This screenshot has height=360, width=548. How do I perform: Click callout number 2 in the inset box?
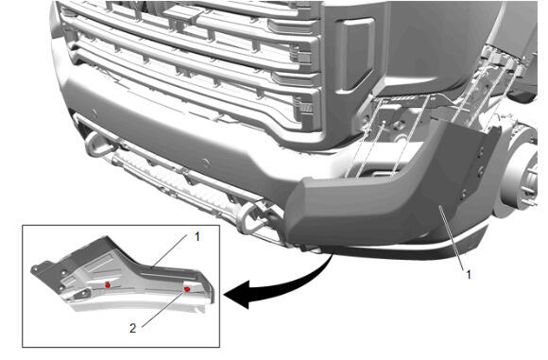tap(132, 328)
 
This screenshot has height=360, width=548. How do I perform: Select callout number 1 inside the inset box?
tap(197, 236)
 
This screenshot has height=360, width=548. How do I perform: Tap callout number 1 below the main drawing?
tap(469, 274)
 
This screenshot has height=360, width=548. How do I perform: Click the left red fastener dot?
tap(108, 285)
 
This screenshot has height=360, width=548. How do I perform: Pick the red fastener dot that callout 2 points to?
tap(187, 289)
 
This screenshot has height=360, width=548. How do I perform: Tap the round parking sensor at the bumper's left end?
tap(94, 112)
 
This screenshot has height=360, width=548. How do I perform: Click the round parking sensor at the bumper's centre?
tap(206, 163)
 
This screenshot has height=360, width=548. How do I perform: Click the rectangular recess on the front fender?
tap(357, 55)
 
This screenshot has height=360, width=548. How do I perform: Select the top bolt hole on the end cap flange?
tap(482, 152)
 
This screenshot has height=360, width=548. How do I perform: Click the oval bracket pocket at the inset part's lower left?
tap(83, 295)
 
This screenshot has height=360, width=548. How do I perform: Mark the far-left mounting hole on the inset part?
tap(35, 268)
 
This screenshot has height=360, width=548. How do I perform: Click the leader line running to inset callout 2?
tap(162, 309)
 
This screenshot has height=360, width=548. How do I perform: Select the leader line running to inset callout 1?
tap(170, 250)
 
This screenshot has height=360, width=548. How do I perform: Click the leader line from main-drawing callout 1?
tap(453, 237)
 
